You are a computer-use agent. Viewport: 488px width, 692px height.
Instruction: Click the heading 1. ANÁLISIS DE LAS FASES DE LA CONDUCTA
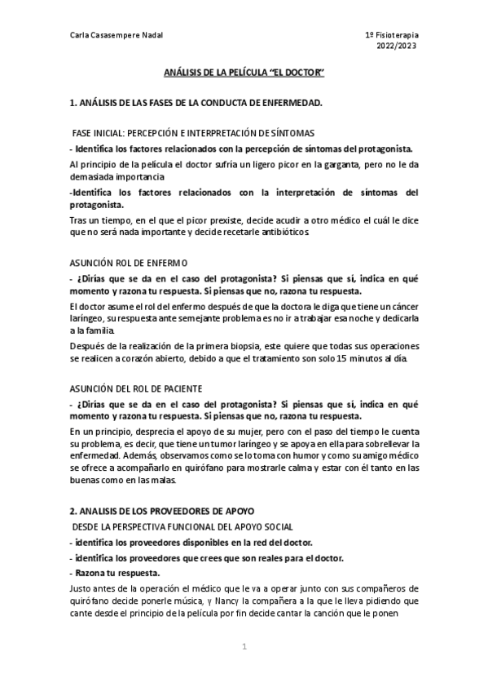click(x=196, y=102)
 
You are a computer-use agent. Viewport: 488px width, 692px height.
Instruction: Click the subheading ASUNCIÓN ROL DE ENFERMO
click(x=129, y=263)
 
